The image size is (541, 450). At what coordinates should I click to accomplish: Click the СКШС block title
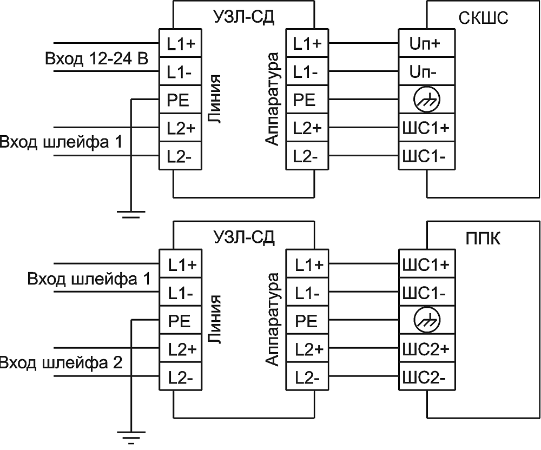click(x=483, y=18)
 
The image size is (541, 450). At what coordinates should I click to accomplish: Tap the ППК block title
click(x=483, y=239)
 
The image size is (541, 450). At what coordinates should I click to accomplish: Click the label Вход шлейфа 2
click(x=61, y=362)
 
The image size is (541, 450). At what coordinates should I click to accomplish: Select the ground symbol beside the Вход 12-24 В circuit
click(x=131, y=214)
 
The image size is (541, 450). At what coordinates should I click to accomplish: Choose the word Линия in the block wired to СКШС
click(x=215, y=100)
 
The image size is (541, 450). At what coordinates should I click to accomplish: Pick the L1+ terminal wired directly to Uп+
click(x=307, y=44)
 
